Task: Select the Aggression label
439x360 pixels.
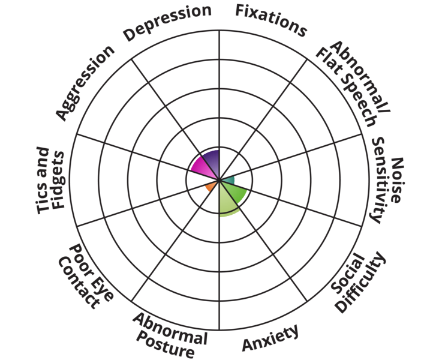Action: (x=85, y=82)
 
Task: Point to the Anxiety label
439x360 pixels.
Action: (x=270, y=339)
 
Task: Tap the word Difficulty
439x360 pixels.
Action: (x=359, y=284)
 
